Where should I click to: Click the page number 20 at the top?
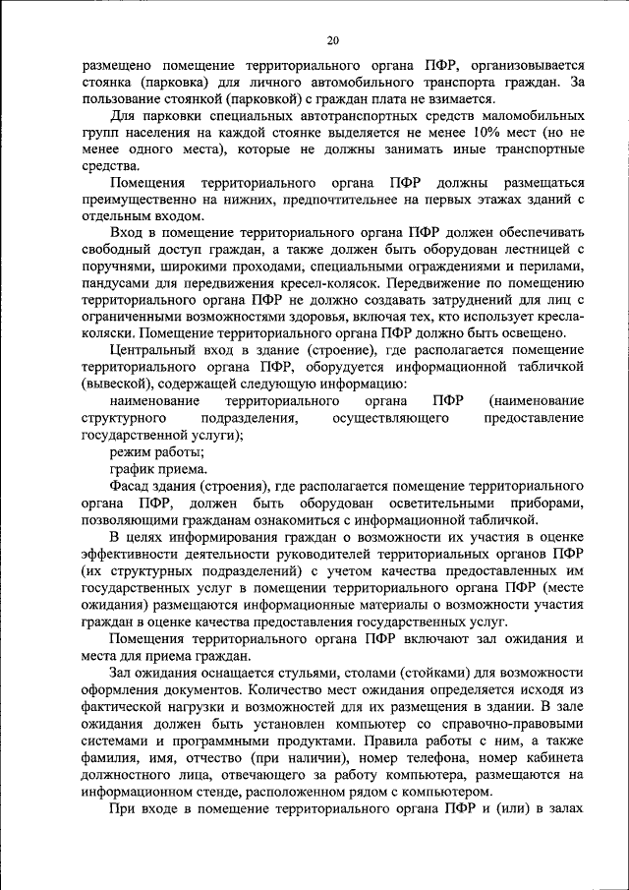click(x=332, y=40)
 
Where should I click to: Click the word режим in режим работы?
click(x=130, y=451)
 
